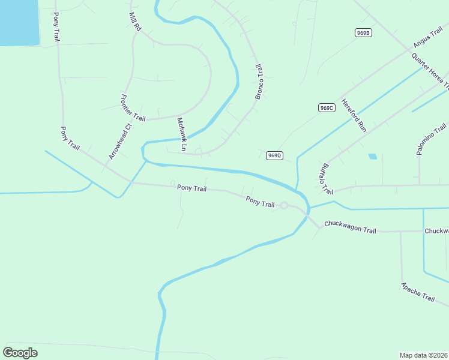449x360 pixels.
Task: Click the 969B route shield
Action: click(x=363, y=32)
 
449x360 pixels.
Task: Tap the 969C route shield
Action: click(x=326, y=108)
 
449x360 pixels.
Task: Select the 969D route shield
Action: click(x=274, y=155)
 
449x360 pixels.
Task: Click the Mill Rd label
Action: click(x=135, y=22)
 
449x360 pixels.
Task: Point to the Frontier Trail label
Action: click(x=133, y=109)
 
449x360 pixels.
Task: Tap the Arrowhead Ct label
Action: click(x=119, y=142)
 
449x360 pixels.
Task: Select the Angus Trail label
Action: click(x=427, y=37)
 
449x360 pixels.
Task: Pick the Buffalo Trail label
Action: click(x=327, y=179)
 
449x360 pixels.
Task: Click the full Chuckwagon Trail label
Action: click(x=350, y=227)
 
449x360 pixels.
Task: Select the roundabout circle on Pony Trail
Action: click(x=284, y=206)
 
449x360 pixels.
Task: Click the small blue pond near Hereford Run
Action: click(x=373, y=157)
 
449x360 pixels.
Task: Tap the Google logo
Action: click(x=20, y=353)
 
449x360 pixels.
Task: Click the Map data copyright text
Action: click(x=423, y=355)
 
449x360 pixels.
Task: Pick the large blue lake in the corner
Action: click(x=18, y=21)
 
